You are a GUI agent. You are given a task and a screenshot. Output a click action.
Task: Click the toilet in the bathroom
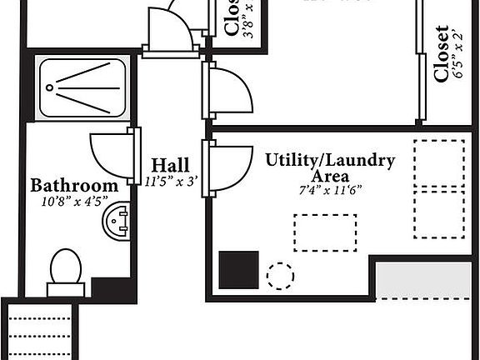[66, 270]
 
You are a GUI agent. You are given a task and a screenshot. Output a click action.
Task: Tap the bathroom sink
[116, 222]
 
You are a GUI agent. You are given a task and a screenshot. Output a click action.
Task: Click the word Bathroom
[74, 185]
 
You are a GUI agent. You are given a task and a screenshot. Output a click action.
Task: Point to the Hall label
[170, 165]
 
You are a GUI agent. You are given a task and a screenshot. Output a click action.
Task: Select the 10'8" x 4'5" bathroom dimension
[74, 201]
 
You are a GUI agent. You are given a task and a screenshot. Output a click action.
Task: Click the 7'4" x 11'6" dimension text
[330, 190]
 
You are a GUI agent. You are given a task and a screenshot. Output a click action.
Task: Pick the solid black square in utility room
[238, 269]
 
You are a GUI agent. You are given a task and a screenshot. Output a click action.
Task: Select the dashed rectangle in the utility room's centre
[325, 232]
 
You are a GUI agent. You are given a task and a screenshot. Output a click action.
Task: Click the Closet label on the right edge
[442, 53]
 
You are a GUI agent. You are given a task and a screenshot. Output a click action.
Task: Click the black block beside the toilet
[112, 288]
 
